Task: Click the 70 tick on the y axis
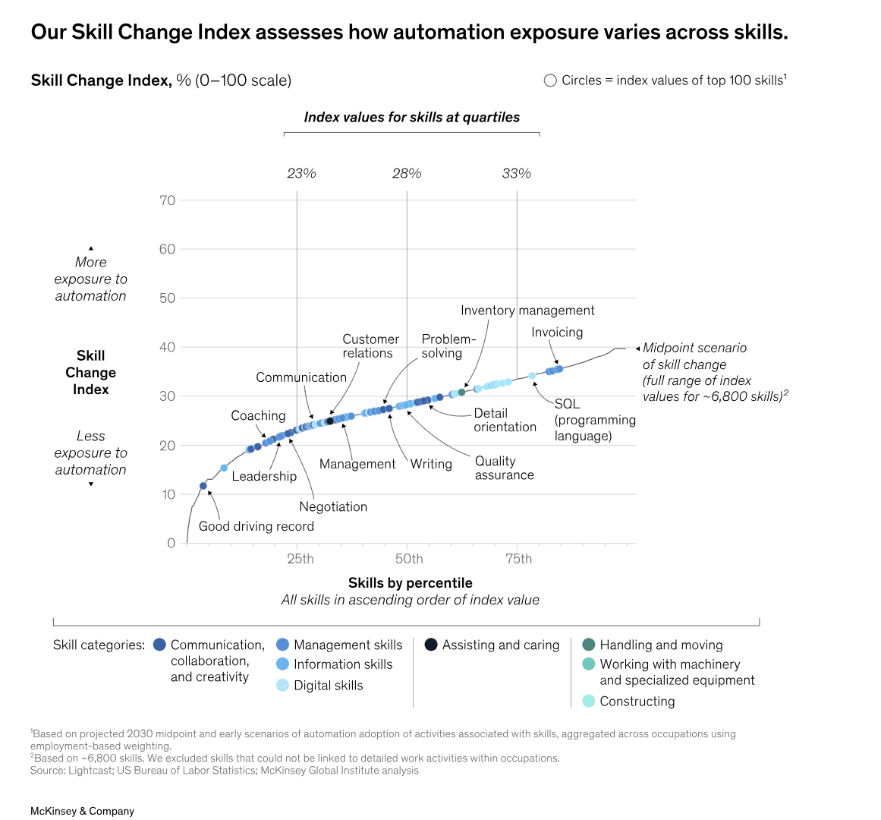click(167, 200)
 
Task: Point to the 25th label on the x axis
click(300, 560)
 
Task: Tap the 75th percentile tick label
click(519, 560)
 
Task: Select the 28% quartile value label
click(407, 174)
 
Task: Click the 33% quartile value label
click(517, 174)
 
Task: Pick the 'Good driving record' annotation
click(256, 526)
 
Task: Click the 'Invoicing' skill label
click(557, 333)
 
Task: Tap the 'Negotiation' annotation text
click(333, 507)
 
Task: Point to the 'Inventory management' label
click(527, 311)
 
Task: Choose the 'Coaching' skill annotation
click(258, 416)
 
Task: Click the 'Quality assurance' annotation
click(504, 468)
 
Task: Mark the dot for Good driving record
click(203, 486)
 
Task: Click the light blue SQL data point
click(532, 376)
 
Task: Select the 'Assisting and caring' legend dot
click(431, 645)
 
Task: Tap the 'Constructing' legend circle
click(588, 701)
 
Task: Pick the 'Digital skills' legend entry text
click(328, 686)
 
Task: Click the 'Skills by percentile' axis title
click(410, 583)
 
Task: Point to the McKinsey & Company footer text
click(82, 811)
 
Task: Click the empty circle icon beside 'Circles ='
click(550, 80)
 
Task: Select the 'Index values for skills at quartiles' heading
click(411, 118)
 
